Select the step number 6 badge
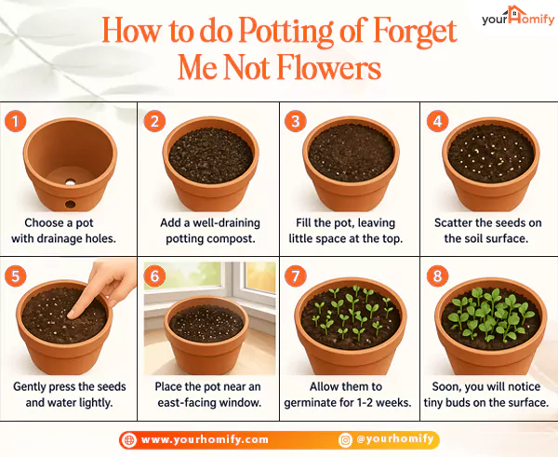pyautogui.click(x=154, y=276)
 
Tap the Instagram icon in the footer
pyautogui.click(x=345, y=439)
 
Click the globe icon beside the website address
pyautogui.click(x=128, y=439)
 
